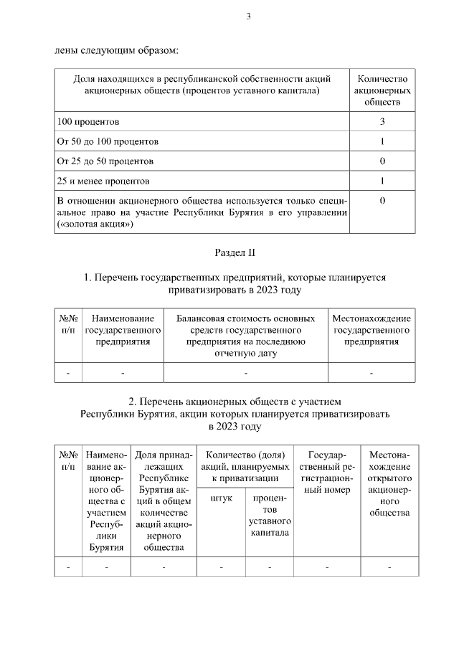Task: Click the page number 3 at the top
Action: point(248,17)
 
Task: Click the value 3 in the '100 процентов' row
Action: point(382,122)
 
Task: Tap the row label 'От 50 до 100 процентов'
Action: point(108,141)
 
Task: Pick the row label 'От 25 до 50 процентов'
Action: point(105,161)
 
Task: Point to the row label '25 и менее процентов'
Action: point(103,181)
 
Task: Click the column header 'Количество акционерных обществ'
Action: point(382,90)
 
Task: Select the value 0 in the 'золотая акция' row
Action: point(382,201)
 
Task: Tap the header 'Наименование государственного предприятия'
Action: point(123,330)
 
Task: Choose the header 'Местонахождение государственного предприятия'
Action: point(372,330)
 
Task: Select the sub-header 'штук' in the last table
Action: point(221,498)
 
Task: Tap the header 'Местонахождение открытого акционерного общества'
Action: point(389,483)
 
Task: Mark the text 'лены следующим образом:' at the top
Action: point(116,50)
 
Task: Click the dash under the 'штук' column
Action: point(221,567)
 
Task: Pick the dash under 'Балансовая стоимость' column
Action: point(245,373)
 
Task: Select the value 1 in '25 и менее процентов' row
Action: point(382,181)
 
